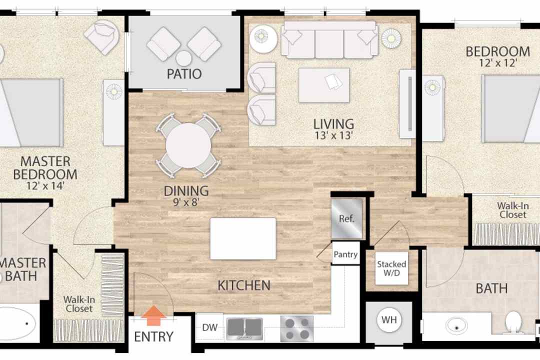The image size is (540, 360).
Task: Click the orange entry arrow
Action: point(153,315)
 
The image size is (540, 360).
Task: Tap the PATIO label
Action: point(184,73)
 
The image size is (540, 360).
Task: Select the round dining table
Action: point(188,145)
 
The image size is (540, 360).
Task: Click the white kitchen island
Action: point(243,238)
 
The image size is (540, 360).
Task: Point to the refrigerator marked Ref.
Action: point(347,218)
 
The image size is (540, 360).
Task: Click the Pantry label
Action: point(345,254)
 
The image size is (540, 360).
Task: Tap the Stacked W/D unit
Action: point(391,268)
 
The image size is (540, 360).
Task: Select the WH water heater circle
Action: point(389,320)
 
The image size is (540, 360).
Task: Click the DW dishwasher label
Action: point(209,327)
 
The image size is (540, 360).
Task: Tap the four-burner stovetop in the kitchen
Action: point(297,329)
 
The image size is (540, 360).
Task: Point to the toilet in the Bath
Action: point(513,322)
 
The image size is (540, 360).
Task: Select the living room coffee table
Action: point(324,85)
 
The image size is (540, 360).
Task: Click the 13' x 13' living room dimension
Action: point(333,135)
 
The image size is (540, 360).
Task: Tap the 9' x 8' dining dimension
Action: point(186,202)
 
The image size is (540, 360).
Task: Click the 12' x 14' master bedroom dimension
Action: point(45,185)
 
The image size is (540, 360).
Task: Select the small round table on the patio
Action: point(184,58)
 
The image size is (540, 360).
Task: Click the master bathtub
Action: point(17,323)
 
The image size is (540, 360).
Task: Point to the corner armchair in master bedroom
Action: point(101,37)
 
